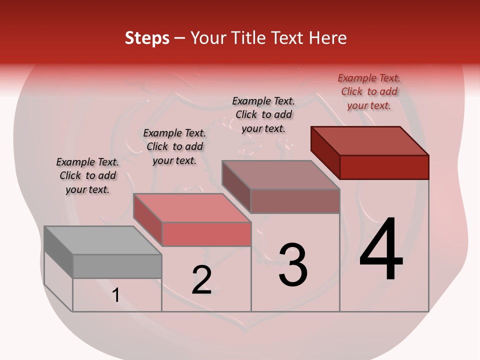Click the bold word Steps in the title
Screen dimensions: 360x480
coord(147,38)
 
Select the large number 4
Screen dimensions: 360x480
coord(381,250)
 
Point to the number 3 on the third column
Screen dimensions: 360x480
coord(293,265)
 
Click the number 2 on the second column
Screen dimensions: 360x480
coord(202,280)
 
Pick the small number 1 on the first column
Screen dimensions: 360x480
coord(116,295)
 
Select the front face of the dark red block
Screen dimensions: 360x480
coord(384,167)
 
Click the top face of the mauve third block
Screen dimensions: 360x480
coord(280,175)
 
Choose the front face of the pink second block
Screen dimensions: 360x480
coord(206,234)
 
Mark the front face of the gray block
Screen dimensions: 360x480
coord(117,266)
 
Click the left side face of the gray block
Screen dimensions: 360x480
coord(58,252)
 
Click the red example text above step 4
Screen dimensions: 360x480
coord(369,92)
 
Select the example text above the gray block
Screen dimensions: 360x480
coord(87,176)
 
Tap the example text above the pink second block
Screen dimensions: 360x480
coord(174,147)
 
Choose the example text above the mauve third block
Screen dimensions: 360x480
coord(263,114)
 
